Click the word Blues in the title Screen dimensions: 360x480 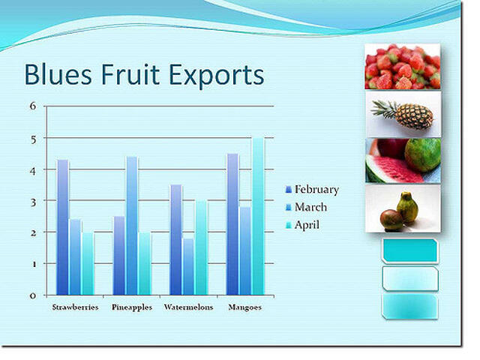click(55, 76)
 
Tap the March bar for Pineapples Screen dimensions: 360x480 click(132, 225)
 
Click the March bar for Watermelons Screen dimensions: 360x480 click(188, 266)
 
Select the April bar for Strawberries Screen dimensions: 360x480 click(88, 263)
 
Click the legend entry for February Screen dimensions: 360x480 click(316, 190)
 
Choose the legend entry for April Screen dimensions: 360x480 click(307, 224)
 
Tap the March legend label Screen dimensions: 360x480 click(310, 207)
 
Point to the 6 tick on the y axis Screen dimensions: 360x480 click(32, 106)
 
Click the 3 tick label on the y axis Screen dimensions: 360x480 click(32, 201)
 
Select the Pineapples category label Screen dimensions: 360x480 click(132, 307)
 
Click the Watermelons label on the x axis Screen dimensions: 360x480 click(188, 307)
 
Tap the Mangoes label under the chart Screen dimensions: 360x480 click(244, 307)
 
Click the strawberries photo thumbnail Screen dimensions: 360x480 click(402, 67)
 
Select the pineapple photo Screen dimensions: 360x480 click(402, 113)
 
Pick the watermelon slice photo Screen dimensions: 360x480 click(402, 160)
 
